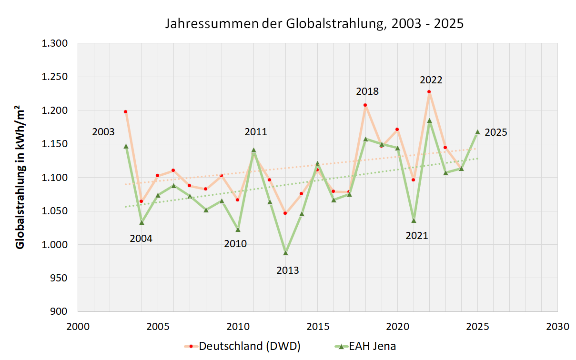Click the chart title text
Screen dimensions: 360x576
coord(314,24)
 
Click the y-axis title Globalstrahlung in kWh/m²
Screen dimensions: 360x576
coord(20,177)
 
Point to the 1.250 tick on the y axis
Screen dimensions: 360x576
coord(56,77)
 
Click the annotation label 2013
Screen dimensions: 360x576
coord(288,270)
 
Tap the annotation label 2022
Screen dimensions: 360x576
coord(431,80)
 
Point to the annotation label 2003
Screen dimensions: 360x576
coord(103,132)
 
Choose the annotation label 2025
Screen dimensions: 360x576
coord(496,133)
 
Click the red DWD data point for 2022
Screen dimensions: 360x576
coord(429,91)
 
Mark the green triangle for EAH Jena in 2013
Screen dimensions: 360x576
coord(286,253)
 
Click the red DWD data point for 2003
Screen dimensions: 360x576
coord(125,111)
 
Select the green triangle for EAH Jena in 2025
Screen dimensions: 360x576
coord(477,132)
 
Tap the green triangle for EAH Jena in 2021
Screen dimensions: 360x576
coord(414,220)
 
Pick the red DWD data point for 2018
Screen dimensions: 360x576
coord(365,105)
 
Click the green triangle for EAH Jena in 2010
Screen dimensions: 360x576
coord(238,230)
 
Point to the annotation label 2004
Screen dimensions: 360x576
coord(141,239)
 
